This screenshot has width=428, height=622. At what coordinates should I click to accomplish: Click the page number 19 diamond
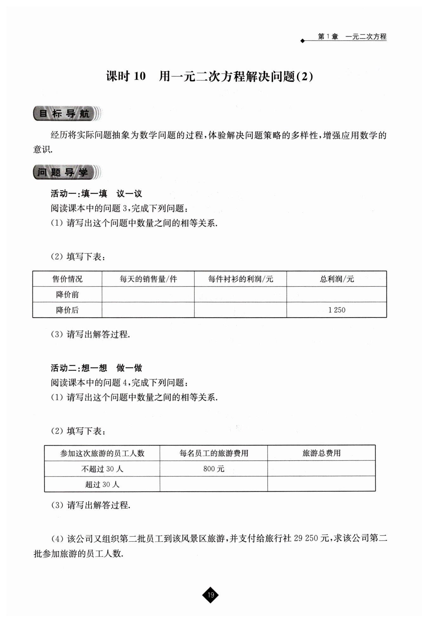[x=211, y=595]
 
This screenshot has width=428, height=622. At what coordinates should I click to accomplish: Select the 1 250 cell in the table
[x=337, y=310]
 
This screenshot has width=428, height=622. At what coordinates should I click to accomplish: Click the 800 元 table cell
[x=214, y=469]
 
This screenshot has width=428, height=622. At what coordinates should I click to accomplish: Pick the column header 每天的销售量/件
[x=148, y=279]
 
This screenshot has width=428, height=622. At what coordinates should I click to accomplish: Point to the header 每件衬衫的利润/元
[x=240, y=279]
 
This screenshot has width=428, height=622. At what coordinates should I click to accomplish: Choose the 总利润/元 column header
[x=337, y=279]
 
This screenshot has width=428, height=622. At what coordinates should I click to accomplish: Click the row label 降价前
[x=67, y=295]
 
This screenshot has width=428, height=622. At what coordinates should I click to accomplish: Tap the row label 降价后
[x=67, y=310]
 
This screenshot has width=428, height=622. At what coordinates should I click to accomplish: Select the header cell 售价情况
[x=67, y=279]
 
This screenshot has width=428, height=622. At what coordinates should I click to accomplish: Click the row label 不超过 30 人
[x=102, y=469]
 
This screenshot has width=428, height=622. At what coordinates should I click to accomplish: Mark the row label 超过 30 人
[x=102, y=484]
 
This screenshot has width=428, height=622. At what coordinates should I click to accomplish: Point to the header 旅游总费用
[x=321, y=453]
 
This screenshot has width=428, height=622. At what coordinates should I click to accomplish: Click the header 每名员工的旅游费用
[x=214, y=453]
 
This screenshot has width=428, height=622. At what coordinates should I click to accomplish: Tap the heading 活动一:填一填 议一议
[x=96, y=193]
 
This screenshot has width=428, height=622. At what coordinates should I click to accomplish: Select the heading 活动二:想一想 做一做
[x=96, y=368]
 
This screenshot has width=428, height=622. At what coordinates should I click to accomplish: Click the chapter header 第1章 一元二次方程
[x=352, y=37]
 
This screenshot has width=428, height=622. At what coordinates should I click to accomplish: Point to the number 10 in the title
[x=139, y=77]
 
